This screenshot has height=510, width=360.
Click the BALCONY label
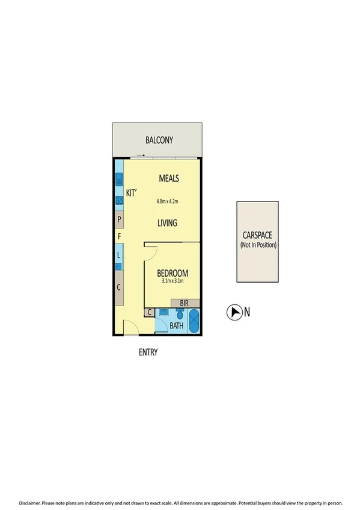click(159, 141)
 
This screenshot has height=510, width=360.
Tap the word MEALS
click(169, 178)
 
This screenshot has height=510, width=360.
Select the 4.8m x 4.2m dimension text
click(168, 201)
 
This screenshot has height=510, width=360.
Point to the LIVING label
click(167, 223)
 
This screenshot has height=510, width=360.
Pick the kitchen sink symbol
click(119, 179)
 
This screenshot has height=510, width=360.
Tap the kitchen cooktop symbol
click(119, 200)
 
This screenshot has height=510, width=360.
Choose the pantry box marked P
click(120, 219)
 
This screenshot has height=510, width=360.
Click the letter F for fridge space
click(120, 236)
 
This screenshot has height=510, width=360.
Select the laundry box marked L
click(119, 255)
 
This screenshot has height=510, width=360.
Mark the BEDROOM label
click(172, 272)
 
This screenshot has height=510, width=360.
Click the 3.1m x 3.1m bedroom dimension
click(172, 281)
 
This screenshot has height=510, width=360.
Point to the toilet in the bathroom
click(180, 315)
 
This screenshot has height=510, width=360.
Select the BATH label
click(176, 326)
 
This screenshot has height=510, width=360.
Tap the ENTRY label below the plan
click(148, 352)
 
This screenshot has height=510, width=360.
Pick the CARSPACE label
click(257, 236)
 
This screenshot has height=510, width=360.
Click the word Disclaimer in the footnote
click(30, 502)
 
